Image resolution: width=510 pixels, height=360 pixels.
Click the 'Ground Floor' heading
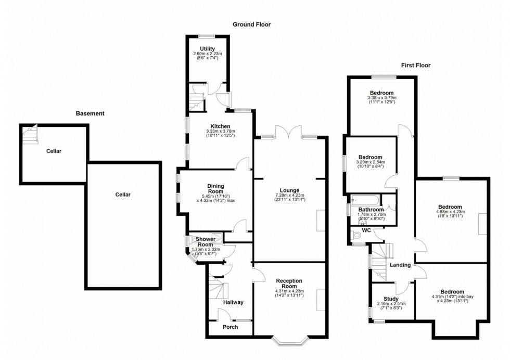tap(251, 24)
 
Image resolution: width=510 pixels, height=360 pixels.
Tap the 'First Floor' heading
tap(415, 66)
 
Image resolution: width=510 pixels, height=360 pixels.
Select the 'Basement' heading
tap(90, 113)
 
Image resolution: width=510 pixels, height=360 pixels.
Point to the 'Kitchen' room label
tap(220, 126)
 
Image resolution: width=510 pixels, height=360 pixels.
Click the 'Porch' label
tap(230, 327)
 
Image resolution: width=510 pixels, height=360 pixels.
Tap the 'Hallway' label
tap(233, 302)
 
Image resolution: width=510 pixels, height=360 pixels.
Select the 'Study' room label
tap(391, 299)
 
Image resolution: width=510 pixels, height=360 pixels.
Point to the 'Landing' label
tap(400, 265)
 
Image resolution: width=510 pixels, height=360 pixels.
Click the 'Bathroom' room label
tap(371, 209)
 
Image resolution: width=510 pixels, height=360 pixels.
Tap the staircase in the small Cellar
tap(30, 135)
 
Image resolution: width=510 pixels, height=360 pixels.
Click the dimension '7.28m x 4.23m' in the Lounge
tap(289, 196)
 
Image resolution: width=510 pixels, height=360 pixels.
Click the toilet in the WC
tap(357, 236)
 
